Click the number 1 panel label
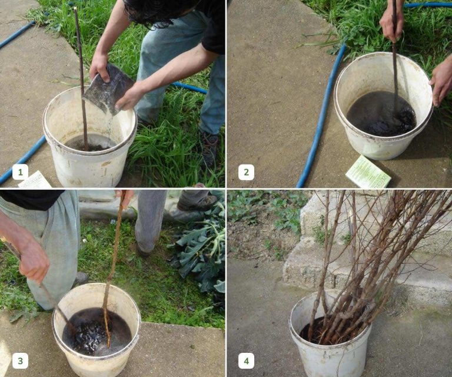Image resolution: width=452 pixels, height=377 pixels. (20, 172)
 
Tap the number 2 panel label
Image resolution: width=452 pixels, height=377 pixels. (246, 172)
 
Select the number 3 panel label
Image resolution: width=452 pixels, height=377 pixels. (20, 361)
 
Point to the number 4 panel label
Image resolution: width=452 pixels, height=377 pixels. (246, 361)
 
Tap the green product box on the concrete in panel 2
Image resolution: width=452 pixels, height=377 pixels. (368, 172)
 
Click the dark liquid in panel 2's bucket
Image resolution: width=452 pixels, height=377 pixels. (381, 113)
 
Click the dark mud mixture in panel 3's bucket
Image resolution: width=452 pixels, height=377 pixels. (97, 332)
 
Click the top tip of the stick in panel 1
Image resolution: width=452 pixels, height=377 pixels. (75, 8)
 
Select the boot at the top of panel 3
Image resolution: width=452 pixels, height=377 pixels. (198, 203)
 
